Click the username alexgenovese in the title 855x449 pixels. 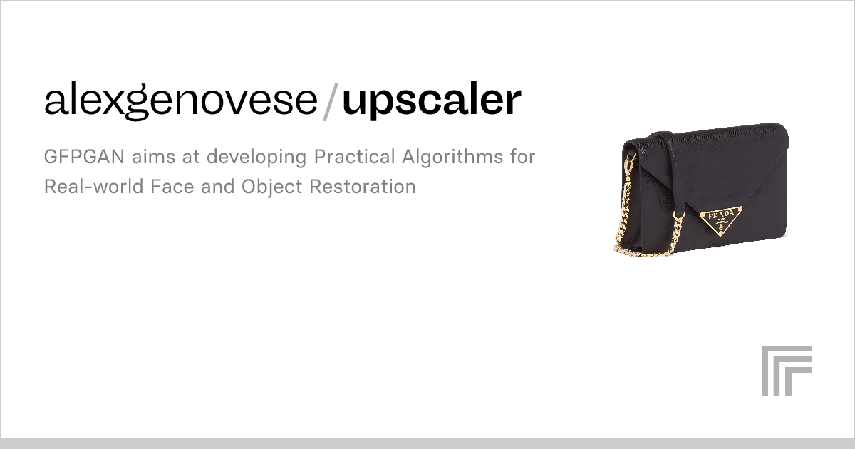[x=180, y=100]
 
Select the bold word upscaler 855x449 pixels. [x=432, y=100]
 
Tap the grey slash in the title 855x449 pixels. [x=329, y=100]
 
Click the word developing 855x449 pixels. [x=247, y=157]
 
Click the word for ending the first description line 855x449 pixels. [x=520, y=157]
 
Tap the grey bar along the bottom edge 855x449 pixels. [x=427, y=443]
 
